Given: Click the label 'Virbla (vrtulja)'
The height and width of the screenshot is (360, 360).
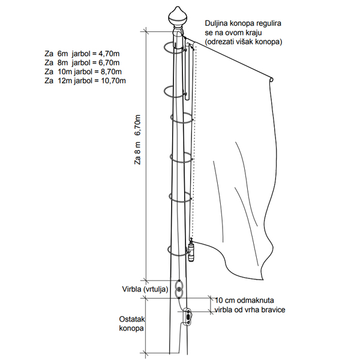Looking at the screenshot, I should pos(144,289).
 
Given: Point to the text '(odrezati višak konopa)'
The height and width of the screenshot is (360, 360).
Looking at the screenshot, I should pos(244,42).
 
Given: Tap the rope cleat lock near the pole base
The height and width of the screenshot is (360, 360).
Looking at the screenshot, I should pos(188,316).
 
